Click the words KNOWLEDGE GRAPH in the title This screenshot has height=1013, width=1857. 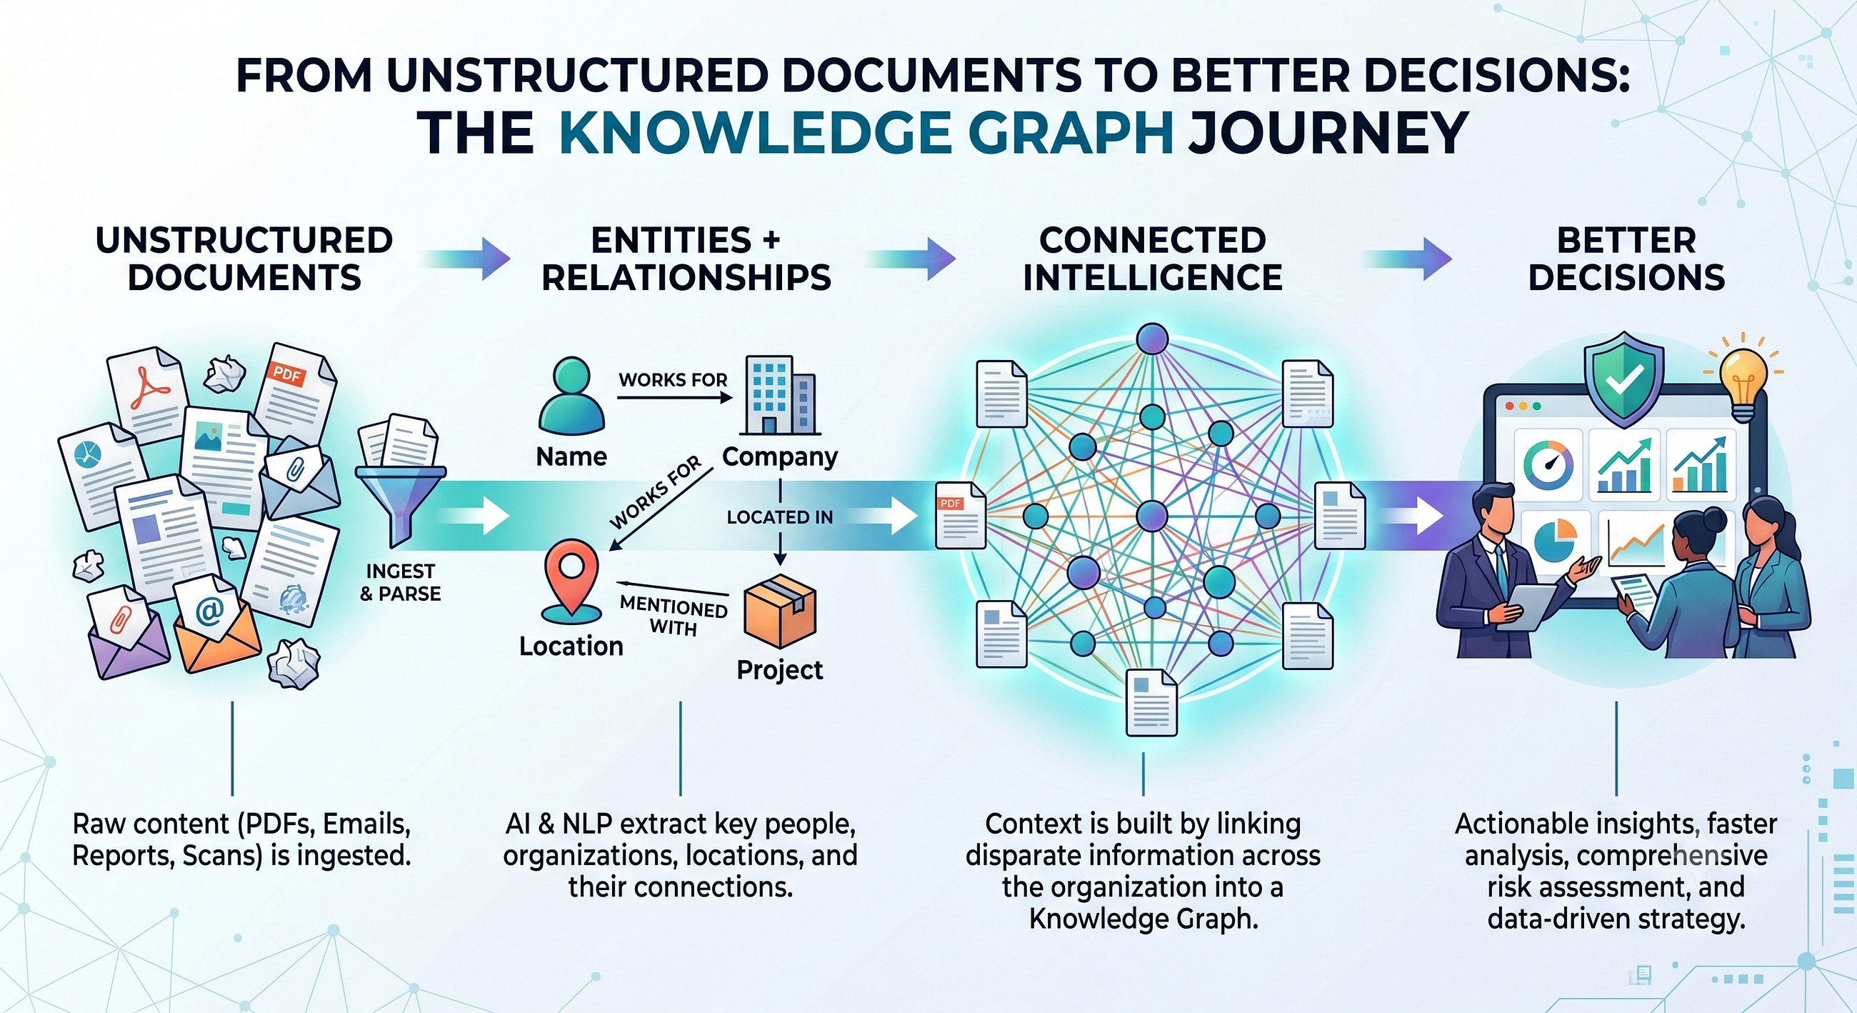click(866, 133)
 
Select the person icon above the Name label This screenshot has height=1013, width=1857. click(571, 395)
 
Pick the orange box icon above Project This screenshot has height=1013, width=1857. click(779, 611)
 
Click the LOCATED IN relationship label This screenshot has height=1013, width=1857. click(779, 517)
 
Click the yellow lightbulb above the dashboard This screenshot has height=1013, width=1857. click(1743, 378)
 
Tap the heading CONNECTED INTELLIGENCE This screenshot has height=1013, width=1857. click(1152, 259)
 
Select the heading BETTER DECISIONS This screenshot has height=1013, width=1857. click(1626, 259)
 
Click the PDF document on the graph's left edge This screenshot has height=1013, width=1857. click(960, 516)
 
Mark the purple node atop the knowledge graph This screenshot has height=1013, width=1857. click(1152, 339)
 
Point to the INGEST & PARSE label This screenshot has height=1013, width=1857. click(400, 582)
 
